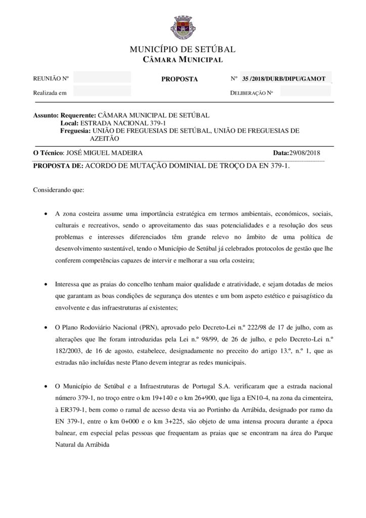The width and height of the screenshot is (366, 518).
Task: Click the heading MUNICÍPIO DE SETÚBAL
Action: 182,50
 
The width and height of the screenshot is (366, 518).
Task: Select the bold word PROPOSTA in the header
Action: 179,79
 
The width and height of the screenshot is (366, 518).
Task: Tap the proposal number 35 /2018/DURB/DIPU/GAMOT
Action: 284,79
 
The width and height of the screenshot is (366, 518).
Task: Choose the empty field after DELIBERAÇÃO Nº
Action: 305,92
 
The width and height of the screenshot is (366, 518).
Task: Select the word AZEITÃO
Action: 105,138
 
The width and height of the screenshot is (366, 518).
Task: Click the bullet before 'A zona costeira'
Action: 47,213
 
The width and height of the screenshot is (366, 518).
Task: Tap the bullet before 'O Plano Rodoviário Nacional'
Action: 47,328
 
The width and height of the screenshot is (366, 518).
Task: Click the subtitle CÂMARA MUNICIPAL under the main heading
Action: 182,60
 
